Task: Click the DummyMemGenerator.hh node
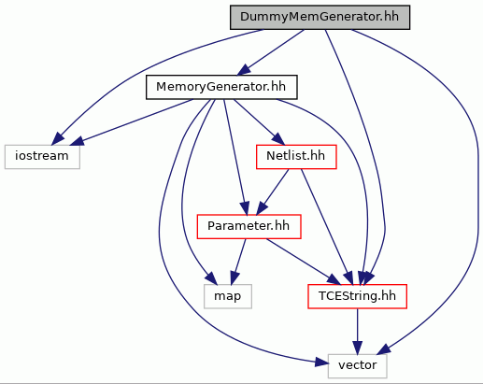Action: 320,18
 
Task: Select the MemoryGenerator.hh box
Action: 221,87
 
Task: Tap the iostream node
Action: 42,157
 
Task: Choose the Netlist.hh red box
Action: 296,157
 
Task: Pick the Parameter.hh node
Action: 249,226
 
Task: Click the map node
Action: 228,296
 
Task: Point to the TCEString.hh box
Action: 357,296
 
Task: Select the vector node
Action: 357,366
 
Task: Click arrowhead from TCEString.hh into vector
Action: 357,348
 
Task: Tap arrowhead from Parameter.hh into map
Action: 234,278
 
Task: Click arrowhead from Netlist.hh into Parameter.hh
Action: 261,208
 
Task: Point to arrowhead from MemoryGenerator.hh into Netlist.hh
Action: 278,139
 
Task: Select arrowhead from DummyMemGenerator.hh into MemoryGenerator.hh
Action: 244,70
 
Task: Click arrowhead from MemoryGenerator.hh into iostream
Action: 77,141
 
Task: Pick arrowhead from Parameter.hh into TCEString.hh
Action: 334,279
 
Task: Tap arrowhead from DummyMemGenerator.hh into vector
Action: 383,349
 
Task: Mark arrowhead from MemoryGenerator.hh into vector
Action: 322,363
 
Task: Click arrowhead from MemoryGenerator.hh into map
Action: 211,278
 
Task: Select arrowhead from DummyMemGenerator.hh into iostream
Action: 58,139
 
